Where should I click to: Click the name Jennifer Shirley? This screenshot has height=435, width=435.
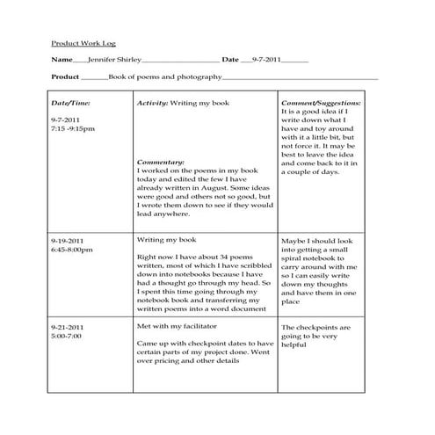[x=113, y=60]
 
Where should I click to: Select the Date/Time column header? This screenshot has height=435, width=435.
[x=70, y=103]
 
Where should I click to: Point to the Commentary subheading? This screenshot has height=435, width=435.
[x=161, y=163]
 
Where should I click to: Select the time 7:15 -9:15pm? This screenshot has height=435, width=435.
[x=74, y=128]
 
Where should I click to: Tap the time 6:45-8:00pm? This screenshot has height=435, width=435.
[x=72, y=249]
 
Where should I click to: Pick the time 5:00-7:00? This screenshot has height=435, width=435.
[x=66, y=336]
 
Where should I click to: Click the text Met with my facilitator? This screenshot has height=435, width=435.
[x=175, y=325]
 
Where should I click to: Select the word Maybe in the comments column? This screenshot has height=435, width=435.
[x=294, y=240]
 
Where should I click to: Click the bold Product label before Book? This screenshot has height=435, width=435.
[x=66, y=78]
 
